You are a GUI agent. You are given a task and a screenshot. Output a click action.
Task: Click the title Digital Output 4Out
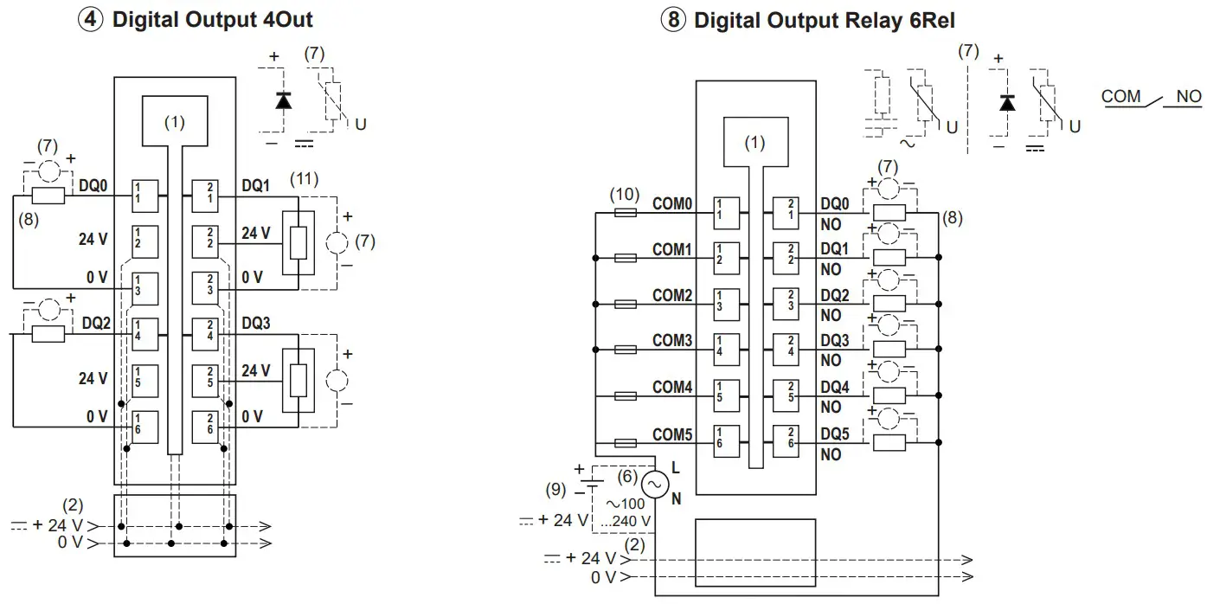[212, 20]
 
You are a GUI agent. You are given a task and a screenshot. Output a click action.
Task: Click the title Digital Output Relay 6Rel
[824, 20]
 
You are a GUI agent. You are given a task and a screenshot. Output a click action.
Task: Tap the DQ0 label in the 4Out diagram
[93, 185]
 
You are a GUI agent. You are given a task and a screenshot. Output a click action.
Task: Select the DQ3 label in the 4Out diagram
[256, 324]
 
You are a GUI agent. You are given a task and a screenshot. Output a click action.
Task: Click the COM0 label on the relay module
[672, 204]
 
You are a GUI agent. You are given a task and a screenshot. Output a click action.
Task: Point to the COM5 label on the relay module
[672, 434]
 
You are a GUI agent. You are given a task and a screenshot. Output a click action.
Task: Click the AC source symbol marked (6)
[654, 485]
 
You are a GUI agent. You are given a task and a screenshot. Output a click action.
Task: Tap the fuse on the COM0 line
[624, 212]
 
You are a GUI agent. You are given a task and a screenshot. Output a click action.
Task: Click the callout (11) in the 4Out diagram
[305, 180]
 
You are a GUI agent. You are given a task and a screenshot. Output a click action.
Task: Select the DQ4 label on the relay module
[835, 387]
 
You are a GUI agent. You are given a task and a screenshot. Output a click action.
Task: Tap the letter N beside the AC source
[677, 499]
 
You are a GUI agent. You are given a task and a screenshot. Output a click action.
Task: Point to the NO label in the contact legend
[1188, 97]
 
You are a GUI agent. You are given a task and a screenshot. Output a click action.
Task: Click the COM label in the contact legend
[1121, 97]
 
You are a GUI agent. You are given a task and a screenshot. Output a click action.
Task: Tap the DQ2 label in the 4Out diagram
[97, 324]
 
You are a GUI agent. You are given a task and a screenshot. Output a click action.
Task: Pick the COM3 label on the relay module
[672, 341]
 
